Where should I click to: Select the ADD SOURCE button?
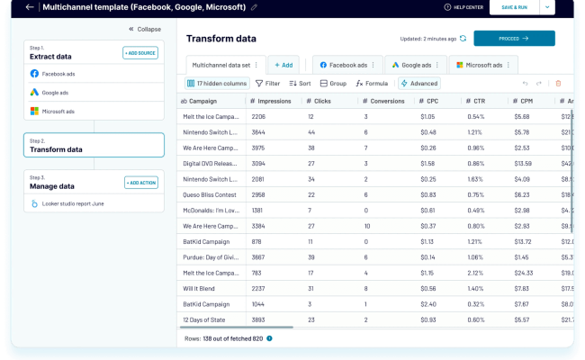[139, 53]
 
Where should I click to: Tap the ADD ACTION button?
[139, 183]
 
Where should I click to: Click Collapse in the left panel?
[144, 29]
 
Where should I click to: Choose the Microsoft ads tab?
[489, 65]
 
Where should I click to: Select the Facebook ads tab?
[346, 65]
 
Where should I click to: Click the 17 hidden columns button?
[216, 84]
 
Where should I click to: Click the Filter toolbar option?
[266, 84]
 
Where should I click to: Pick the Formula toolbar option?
[372, 84]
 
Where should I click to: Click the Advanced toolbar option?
[418, 84]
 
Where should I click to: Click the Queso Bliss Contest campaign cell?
[210, 194]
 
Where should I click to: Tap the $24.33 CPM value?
[523, 273]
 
